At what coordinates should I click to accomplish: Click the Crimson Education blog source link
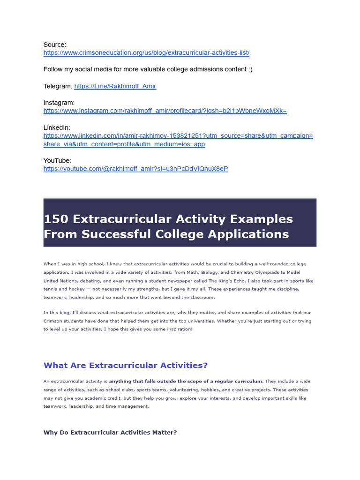click(x=146, y=53)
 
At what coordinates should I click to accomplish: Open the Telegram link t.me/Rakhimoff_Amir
click(x=115, y=86)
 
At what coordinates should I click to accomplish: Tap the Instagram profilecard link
click(x=165, y=111)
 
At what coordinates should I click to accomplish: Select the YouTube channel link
click(x=135, y=169)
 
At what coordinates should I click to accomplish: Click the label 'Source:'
click(x=55, y=45)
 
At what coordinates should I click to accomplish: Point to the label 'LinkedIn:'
click(x=57, y=127)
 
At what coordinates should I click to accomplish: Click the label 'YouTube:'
click(x=57, y=161)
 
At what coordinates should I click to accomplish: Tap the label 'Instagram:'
click(x=59, y=103)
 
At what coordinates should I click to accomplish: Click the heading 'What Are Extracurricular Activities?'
click(x=125, y=366)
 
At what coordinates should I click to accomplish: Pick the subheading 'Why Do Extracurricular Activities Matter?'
click(x=110, y=433)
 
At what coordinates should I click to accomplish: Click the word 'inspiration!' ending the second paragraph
click(x=179, y=330)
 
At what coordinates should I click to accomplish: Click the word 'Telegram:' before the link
click(x=58, y=86)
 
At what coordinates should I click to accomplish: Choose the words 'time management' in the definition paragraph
click(x=132, y=406)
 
